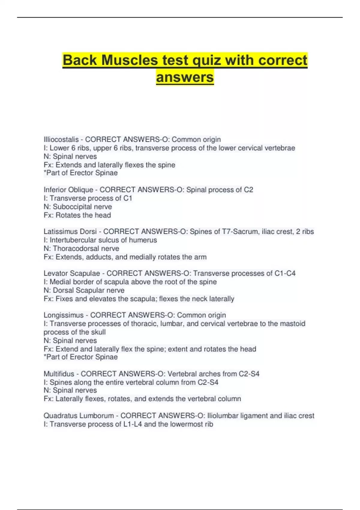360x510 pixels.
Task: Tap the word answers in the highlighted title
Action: point(185,77)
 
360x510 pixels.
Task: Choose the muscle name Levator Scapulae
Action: point(72,273)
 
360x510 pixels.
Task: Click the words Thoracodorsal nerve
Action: point(86,248)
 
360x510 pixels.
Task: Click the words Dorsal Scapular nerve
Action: point(89,290)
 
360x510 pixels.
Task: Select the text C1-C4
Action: point(285,273)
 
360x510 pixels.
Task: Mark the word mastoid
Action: point(292,324)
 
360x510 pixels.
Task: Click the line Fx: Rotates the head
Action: point(77,215)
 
